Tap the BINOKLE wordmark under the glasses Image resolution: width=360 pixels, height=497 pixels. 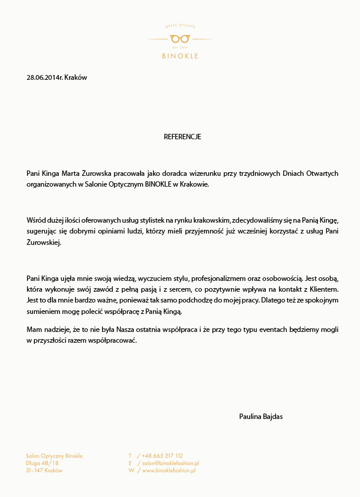(x=180, y=56)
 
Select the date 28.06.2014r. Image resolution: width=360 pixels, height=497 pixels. (x=44, y=77)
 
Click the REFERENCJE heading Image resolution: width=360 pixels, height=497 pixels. (x=182, y=137)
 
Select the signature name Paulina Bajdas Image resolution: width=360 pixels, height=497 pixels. (x=260, y=417)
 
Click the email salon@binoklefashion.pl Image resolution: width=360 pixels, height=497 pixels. (x=170, y=463)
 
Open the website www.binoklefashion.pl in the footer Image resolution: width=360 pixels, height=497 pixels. (x=169, y=471)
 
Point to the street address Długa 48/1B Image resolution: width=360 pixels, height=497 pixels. (x=43, y=463)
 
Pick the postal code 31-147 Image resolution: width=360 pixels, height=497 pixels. (x=34, y=471)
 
